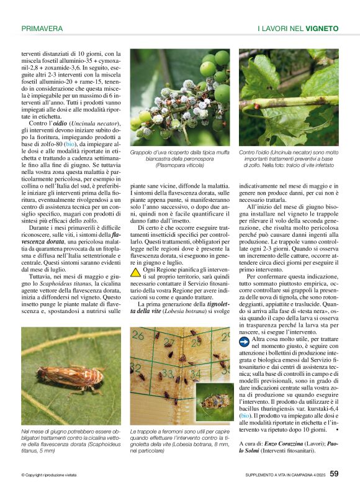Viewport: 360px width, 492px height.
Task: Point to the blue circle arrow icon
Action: pos(244,342)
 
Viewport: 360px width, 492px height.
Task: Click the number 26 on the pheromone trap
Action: pos(138,337)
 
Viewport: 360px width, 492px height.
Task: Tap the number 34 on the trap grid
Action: pos(196,375)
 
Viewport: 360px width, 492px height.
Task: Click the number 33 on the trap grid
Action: pos(167,375)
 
